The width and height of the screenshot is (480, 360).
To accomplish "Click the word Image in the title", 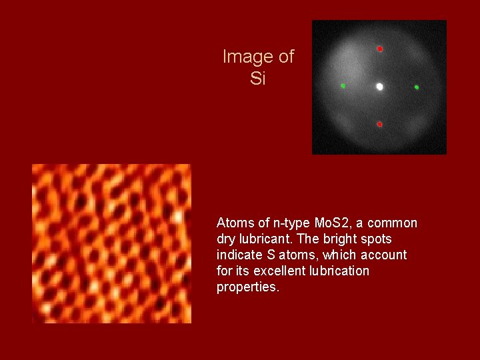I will tap(243, 57).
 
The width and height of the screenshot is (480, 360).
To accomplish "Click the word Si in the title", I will tap(257, 79).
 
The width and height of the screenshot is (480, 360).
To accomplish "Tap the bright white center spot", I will tap(379, 87).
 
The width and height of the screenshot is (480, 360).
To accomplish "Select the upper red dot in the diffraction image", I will tap(379, 49).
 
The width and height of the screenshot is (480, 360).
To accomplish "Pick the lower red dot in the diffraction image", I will tap(379, 125).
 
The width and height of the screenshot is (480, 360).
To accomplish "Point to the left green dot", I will tap(343, 86).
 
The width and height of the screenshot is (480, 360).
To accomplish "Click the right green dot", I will tap(417, 87).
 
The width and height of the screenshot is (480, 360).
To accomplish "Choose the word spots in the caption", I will tap(375, 239).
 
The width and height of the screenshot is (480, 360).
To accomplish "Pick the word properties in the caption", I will tap(247, 287).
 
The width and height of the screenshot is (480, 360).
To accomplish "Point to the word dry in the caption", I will tap(226, 239).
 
